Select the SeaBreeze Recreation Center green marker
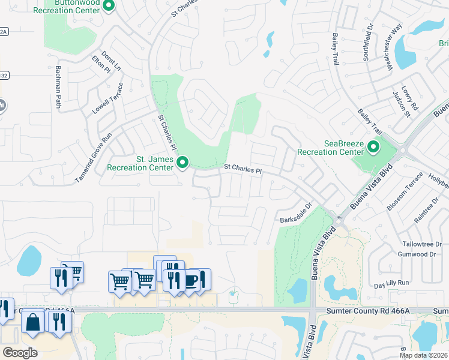click(374, 146)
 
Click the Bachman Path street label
click(59, 87)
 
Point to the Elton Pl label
click(101, 64)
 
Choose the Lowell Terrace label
click(108, 99)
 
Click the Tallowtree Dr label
click(421, 244)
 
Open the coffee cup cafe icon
click(190, 280)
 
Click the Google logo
click(20, 352)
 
